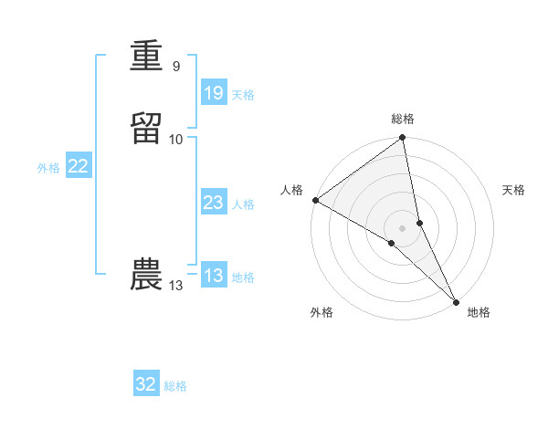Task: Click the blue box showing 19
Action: [x=213, y=93]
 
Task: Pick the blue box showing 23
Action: [x=213, y=203]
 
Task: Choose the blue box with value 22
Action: [x=78, y=166]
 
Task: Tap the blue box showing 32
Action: [x=146, y=384]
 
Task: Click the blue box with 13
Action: [x=213, y=276]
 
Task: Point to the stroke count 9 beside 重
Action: [x=175, y=67]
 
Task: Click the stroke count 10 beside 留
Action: [x=176, y=139]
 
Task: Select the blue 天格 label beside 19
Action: [x=243, y=95]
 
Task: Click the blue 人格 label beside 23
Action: [x=243, y=204]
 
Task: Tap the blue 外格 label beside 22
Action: [x=48, y=168]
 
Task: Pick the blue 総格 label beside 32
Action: [x=175, y=386]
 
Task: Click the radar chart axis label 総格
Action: [x=403, y=119]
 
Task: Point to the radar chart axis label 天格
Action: [x=514, y=190]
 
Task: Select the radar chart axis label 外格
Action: [x=321, y=312]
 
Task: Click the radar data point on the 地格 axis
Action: [x=457, y=301]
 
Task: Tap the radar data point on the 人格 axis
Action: [x=315, y=200]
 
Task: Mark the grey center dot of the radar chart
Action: [x=403, y=227]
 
